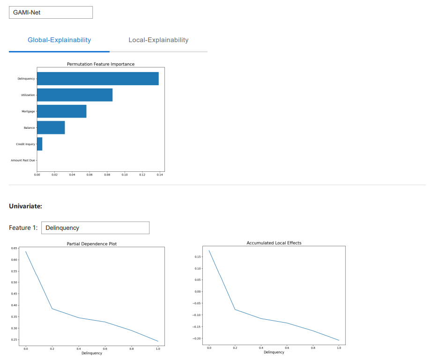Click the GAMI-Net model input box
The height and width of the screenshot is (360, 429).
51,12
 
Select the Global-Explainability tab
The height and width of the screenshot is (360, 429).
59,40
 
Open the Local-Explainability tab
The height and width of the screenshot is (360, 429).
158,40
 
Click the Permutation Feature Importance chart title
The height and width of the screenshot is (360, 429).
101,64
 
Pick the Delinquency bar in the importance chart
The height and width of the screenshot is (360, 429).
97,79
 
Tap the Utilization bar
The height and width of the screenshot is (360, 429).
74,95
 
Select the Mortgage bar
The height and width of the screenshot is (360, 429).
61,111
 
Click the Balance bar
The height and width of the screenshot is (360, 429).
51,127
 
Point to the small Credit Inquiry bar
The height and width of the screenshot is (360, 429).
40,144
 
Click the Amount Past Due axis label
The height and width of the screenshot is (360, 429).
23,161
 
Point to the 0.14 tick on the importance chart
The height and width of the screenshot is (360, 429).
160,175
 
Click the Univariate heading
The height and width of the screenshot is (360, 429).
25,206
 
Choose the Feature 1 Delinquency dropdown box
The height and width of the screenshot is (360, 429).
96,228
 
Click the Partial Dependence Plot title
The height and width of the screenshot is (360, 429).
92,244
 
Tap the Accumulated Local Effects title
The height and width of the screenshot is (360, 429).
274,243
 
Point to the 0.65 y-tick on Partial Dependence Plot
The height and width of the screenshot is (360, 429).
15,248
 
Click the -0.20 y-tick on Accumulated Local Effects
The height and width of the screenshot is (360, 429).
197,338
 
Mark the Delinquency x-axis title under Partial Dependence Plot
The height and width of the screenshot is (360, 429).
92,353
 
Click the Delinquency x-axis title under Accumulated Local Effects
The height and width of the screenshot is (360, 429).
274,352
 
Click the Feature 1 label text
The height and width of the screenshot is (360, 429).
23,228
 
